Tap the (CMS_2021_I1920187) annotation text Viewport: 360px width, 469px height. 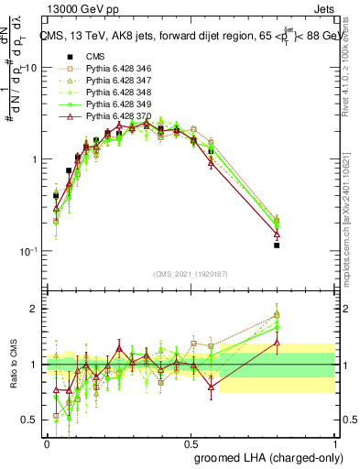click(x=191, y=274)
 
